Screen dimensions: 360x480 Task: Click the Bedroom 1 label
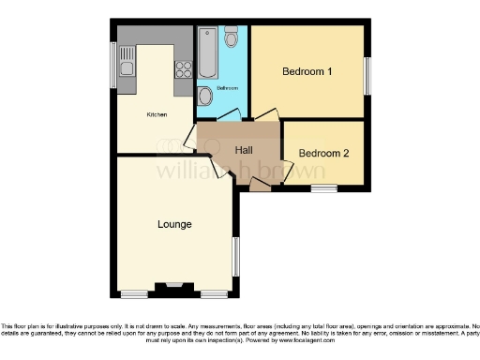click(x=307, y=71)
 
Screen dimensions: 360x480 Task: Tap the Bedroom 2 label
click(x=323, y=154)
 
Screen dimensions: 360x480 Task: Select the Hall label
click(x=243, y=150)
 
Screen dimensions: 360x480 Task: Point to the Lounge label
click(x=174, y=224)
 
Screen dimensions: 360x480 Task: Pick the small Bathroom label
click(x=228, y=88)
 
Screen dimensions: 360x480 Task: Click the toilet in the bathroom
click(x=231, y=37)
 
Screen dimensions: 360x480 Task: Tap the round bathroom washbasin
click(x=204, y=96)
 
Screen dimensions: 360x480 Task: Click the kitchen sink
click(x=127, y=68)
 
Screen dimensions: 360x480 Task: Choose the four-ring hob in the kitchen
click(x=182, y=68)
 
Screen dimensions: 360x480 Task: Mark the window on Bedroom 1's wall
click(x=367, y=75)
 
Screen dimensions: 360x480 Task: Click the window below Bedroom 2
click(x=324, y=189)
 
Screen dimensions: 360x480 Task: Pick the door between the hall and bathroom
click(x=228, y=117)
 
